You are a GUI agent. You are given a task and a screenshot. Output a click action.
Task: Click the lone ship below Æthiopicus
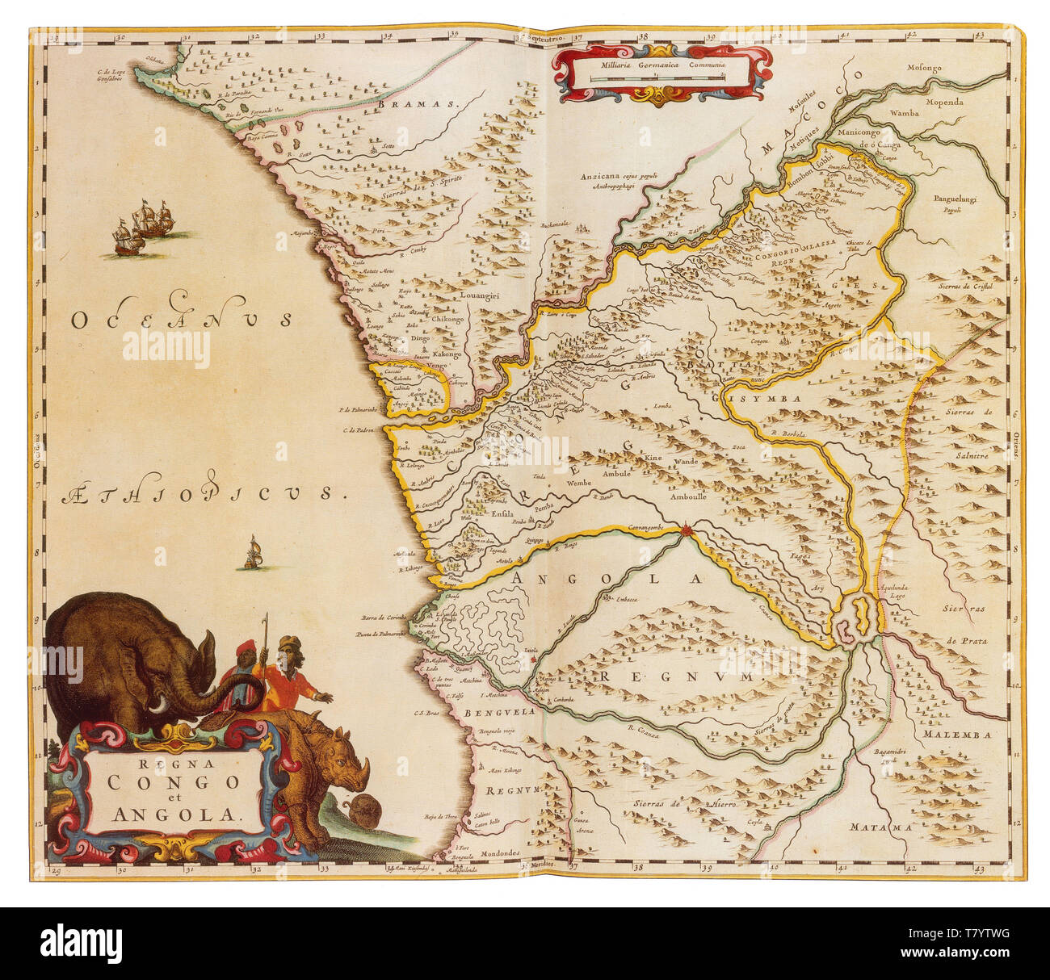(254, 553)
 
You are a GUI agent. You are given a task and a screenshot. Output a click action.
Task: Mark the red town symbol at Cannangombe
(687, 530)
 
